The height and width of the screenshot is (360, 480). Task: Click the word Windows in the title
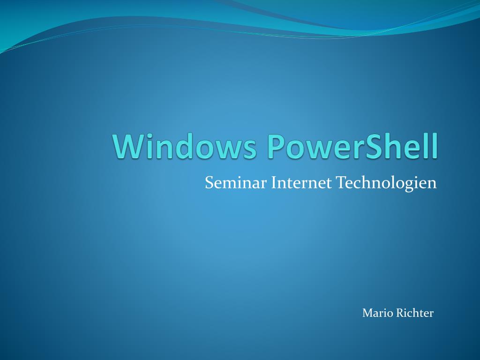tap(185, 146)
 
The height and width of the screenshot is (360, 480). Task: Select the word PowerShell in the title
tap(353, 146)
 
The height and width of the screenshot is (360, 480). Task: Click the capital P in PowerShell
tap(278, 146)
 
